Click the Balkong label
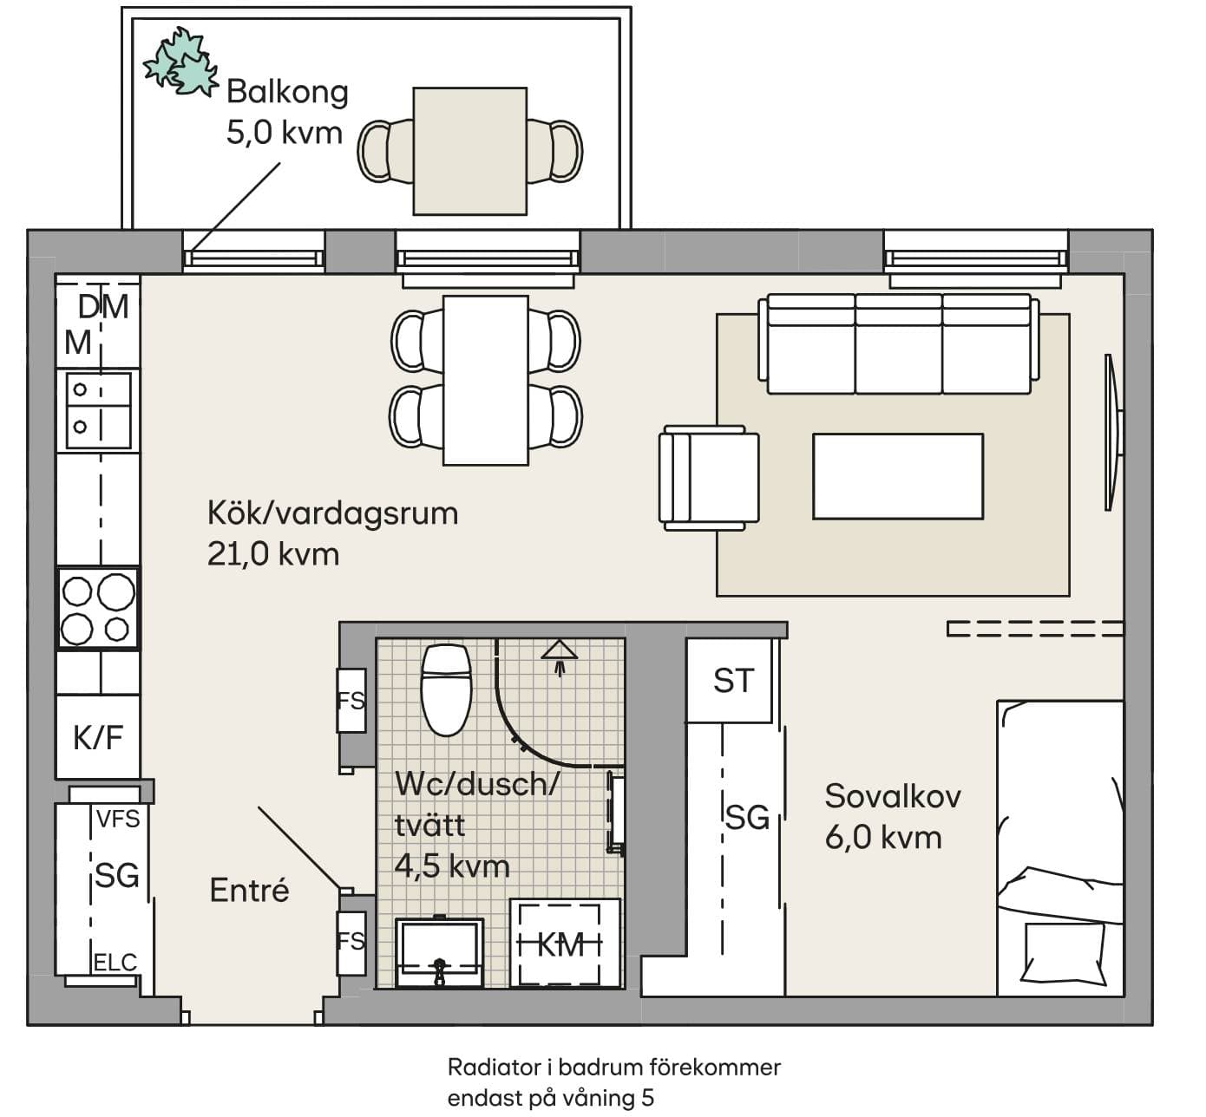pyautogui.click(x=287, y=92)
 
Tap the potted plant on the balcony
pyautogui.click(x=180, y=62)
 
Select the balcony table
pyautogui.click(x=470, y=151)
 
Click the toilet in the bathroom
pyautogui.click(x=446, y=690)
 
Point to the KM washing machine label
pyautogui.click(x=560, y=945)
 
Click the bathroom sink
pyautogui.click(x=440, y=953)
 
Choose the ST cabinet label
pyautogui.click(x=733, y=681)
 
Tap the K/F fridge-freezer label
pyautogui.click(x=98, y=738)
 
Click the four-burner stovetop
pyautogui.click(x=98, y=609)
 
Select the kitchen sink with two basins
pyautogui.click(x=98, y=411)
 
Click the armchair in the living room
pyautogui.click(x=709, y=479)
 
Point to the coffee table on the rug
pyautogui.click(x=898, y=477)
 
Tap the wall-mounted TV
pyautogui.click(x=1112, y=432)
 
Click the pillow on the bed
pyautogui.click(x=1064, y=953)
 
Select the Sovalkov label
pyautogui.click(x=893, y=796)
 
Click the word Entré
pyautogui.click(x=250, y=891)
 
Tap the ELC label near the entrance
pyautogui.click(x=115, y=963)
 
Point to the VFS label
pyautogui.click(x=118, y=820)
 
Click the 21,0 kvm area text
pyautogui.click(x=273, y=554)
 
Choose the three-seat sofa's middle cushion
pyautogui.click(x=898, y=343)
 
